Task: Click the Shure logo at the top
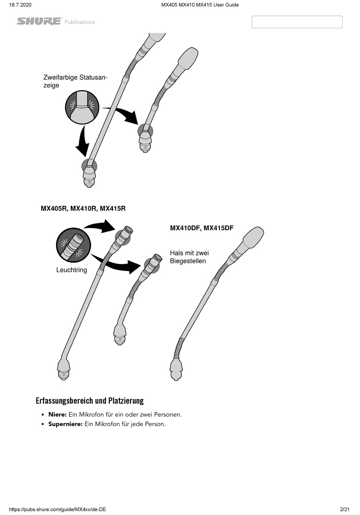pos(39,22)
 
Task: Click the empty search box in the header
pos(297,22)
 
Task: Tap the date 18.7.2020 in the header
pos(20,5)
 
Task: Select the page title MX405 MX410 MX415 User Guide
pos(200,5)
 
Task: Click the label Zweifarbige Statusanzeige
pos(75,81)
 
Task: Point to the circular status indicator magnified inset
pos(82,107)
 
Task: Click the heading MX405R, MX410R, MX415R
pos(83,208)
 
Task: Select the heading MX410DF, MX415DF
pos(202,228)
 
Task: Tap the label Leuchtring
pos(72,270)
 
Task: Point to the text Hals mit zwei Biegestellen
pos(189,257)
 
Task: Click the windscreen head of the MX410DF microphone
pos(252,237)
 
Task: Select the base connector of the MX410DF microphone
pos(176,370)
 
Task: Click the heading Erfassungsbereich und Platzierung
pos(90,401)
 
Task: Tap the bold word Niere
pos(57,414)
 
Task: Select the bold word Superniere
pos(65,424)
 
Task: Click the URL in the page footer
pos(57,509)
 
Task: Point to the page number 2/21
pos(344,509)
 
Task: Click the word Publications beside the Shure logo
pos(80,22)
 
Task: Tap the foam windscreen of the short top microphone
pos(187,59)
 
